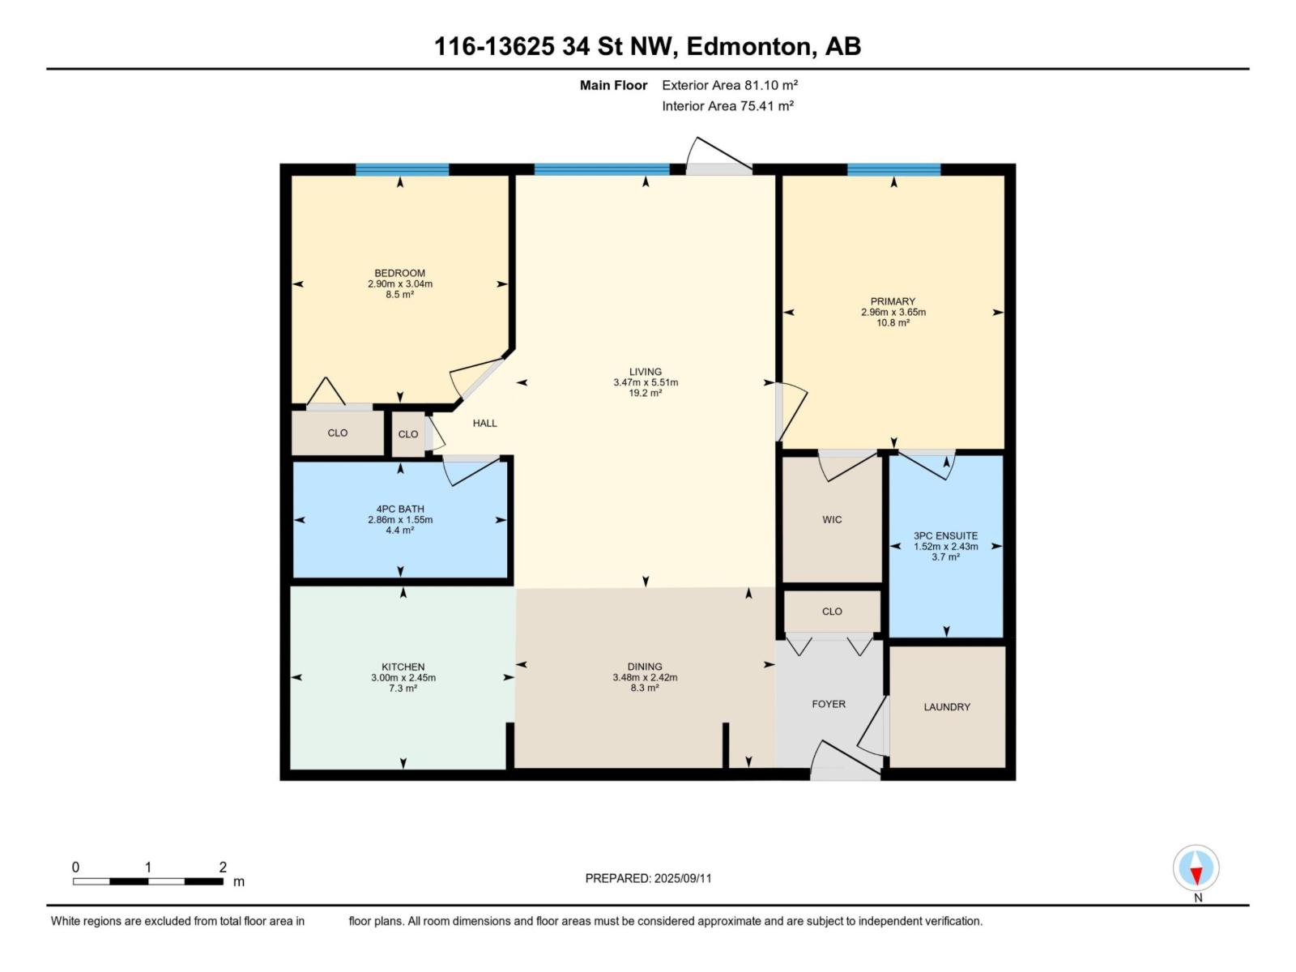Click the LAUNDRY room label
coord(946,707)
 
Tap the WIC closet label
coord(832,520)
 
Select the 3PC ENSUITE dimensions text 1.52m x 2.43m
coord(945,547)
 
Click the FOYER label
coord(829,704)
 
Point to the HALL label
coord(484,423)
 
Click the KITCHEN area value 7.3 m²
coord(403,688)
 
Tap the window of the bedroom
coord(402,170)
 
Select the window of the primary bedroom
coord(893,170)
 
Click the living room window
coord(602,170)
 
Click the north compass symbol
coord(1196,868)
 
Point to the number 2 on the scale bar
coord(223,867)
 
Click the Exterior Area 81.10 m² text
coord(730,85)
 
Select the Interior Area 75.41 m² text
coord(727,106)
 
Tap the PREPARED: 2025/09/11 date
coord(648,878)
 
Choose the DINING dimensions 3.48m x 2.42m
coord(645,678)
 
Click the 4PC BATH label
coord(400,509)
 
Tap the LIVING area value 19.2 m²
coord(646,393)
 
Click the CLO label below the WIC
coord(832,612)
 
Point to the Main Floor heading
coord(613,85)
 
